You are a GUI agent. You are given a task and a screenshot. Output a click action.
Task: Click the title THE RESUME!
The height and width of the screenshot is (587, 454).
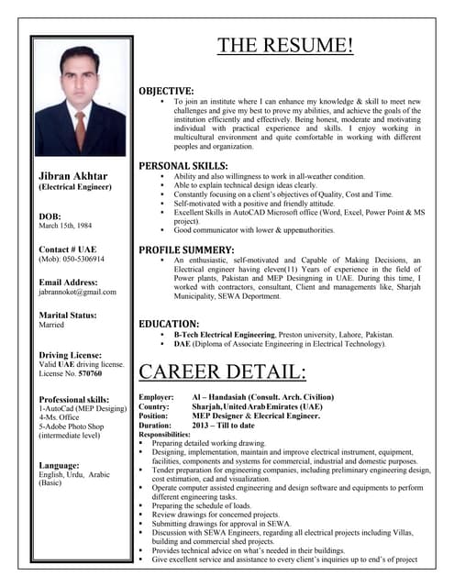click(x=285, y=47)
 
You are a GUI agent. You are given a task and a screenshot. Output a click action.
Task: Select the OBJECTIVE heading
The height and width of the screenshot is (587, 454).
click(x=166, y=91)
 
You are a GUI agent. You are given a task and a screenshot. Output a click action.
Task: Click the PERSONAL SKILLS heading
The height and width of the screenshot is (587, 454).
click(x=183, y=165)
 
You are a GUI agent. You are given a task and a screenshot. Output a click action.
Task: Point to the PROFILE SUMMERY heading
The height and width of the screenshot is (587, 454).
click(x=186, y=249)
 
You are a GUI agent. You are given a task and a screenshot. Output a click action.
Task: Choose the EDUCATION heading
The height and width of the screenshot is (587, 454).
click(x=169, y=324)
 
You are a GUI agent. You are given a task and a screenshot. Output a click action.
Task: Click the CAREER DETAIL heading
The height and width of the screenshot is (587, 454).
click(x=222, y=371)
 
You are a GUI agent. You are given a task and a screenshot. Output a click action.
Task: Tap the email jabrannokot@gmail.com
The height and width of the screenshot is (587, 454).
click(x=78, y=292)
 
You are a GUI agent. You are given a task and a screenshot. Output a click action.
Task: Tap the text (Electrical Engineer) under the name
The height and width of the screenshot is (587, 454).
click(x=73, y=187)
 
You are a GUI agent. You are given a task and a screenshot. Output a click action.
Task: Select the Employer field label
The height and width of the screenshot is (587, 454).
click(x=156, y=395)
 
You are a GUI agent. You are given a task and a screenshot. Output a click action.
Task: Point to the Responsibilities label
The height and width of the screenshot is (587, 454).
click(x=165, y=434)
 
